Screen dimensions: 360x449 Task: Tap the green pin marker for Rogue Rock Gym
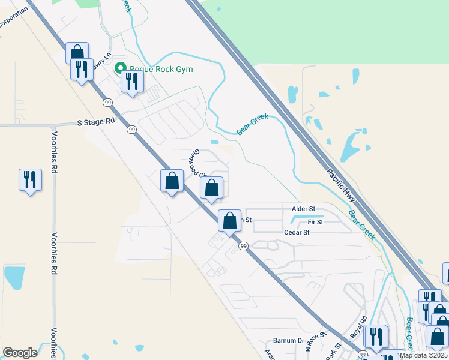(120, 69)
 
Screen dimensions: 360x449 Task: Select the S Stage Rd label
(95, 121)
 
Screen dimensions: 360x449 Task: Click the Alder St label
(303, 209)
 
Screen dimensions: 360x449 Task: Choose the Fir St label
(315, 222)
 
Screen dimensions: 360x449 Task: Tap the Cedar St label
(297, 232)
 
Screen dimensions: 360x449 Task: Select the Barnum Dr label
(289, 340)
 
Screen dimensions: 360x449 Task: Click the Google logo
(20, 353)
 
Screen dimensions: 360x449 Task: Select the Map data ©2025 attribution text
(424, 355)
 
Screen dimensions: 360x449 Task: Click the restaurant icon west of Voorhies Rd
(30, 179)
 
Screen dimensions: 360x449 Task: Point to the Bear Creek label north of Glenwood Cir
(252, 125)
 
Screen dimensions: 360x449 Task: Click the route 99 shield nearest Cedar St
(243, 246)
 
